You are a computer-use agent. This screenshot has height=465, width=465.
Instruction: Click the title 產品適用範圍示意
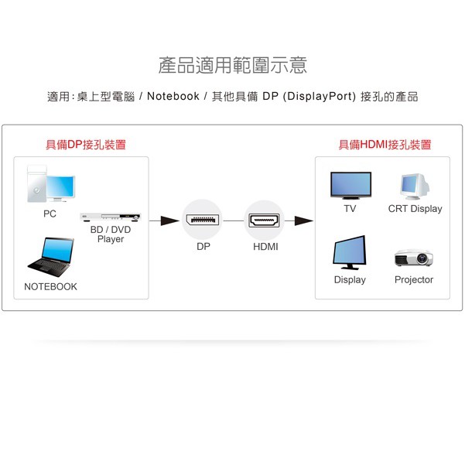point(232,65)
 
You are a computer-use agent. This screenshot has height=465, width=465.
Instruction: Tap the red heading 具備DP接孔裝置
point(85,145)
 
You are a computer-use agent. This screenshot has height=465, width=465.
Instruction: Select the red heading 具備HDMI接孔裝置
point(385,145)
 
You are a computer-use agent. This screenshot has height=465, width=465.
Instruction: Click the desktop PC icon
point(51,184)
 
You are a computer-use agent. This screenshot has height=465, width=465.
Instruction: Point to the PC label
point(50,214)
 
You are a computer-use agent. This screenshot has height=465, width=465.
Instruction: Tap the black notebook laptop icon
point(51,257)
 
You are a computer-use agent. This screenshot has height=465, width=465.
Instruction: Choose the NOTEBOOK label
point(51,286)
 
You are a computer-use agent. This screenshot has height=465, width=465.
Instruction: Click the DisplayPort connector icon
point(203,221)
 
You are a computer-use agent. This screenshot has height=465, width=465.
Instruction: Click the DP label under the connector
point(203,247)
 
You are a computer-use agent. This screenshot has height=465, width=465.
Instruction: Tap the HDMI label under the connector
point(265,247)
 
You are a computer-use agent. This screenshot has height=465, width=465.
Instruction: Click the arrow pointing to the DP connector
point(164,221)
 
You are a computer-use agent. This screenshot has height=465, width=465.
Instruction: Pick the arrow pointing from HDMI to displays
point(302,221)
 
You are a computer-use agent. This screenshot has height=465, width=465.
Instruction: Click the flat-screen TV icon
point(350,186)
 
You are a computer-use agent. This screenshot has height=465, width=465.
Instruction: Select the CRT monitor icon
point(414,186)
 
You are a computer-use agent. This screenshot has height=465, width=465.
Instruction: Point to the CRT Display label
point(415,209)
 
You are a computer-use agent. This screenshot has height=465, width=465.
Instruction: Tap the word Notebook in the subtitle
point(173,97)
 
